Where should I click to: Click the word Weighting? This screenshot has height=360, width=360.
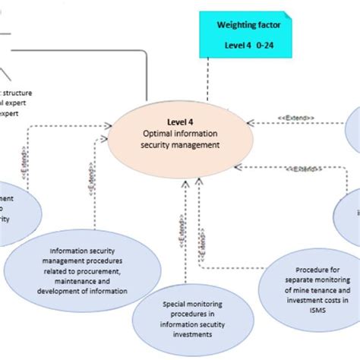[x=232, y=25]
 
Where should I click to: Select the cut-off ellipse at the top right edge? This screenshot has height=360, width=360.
[x=353, y=128]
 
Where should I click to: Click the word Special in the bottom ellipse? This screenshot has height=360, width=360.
[x=176, y=304]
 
